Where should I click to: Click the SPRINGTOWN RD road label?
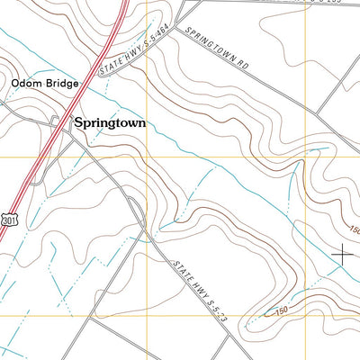[219, 47]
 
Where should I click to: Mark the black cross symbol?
[342, 255]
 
